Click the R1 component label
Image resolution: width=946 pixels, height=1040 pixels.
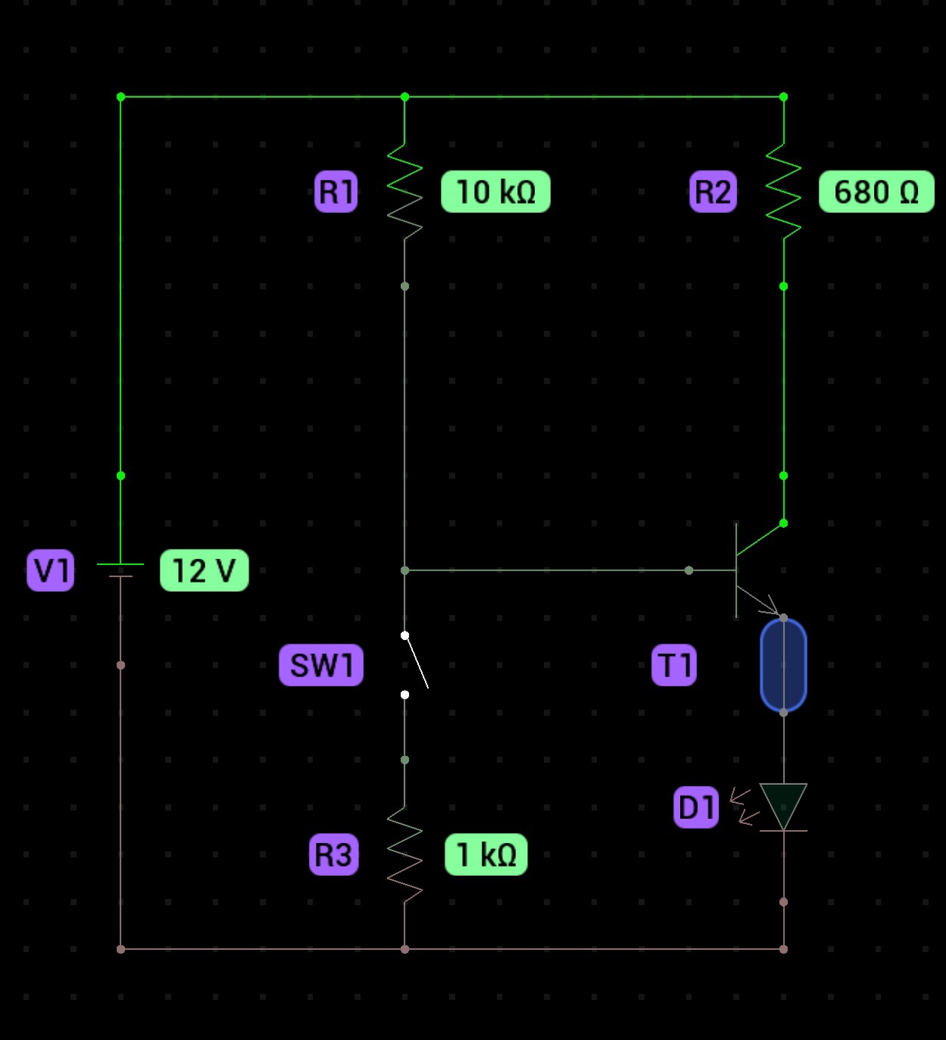click(336, 192)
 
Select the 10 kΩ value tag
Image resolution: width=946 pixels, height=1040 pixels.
click(495, 192)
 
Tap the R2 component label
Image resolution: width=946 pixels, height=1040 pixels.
click(713, 192)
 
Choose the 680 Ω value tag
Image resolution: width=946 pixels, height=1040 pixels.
click(876, 192)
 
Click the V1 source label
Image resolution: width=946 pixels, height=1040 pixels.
click(51, 570)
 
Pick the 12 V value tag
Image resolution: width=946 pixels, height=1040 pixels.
click(204, 570)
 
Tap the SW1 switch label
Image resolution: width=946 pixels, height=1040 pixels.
click(321, 665)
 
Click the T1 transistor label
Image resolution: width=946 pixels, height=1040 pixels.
click(674, 665)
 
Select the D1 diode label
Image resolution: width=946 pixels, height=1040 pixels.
click(696, 807)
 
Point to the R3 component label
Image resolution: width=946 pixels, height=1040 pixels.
click(334, 854)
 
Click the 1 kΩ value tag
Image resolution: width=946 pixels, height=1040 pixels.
click(486, 854)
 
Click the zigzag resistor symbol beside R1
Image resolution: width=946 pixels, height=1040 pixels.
click(404, 192)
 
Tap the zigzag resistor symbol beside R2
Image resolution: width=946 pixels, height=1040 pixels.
click(783, 192)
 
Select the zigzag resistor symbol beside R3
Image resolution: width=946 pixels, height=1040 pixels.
click(404, 854)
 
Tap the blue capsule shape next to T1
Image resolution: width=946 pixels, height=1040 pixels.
click(783, 665)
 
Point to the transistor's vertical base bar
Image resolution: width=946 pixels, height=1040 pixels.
click(736, 570)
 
